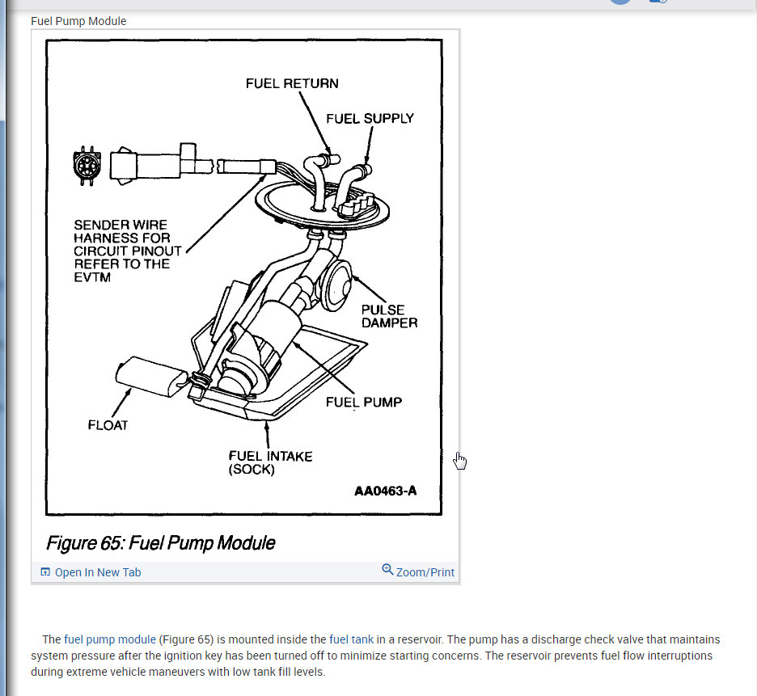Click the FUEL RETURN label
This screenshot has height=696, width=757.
pyautogui.click(x=292, y=83)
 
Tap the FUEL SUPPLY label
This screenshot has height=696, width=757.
pyautogui.click(x=370, y=118)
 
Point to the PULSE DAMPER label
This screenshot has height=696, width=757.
pyautogui.click(x=389, y=316)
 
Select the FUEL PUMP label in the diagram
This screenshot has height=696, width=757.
pyautogui.click(x=363, y=402)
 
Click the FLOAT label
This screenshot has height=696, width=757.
pyautogui.click(x=108, y=425)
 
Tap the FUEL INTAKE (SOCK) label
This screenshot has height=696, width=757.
pyautogui.click(x=270, y=462)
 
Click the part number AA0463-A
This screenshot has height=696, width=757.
pyautogui.click(x=386, y=491)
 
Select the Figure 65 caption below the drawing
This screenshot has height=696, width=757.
pyautogui.click(x=160, y=542)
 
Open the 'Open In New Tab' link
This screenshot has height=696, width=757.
pyautogui.click(x=97, y=572)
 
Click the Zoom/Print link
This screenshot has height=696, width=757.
pyautogui.click(x=425, y=572)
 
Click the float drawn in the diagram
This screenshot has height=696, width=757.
pyautogui.click(x=150, y=377)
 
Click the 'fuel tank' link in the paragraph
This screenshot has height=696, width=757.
pyautogui.click(x=351, y=639)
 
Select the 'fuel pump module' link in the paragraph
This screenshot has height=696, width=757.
pyautogui.click(x=110, y=639)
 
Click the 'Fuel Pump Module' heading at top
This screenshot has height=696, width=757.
pyautogui.click(x=78, y=21)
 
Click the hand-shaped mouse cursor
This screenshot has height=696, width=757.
pyautogui.click(x=459, y=461)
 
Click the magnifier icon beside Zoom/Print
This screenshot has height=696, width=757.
pyautogui.click(x=387, y=570)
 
